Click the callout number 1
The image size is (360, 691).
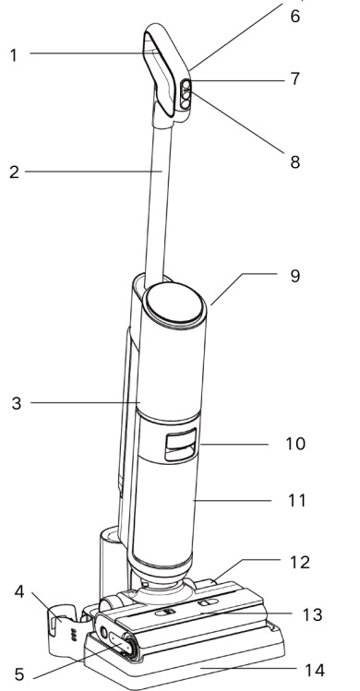[x=14, y=55]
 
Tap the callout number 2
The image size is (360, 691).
[x=14, y=173]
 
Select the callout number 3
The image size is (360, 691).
[x=17, y=403]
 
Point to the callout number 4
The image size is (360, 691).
[x=19, y=592]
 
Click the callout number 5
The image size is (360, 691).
[x=19, y=674]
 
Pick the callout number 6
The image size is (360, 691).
[x=295, y=16]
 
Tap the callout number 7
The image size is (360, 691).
[x=295, y=79]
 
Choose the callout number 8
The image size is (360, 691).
[x=295, y=161]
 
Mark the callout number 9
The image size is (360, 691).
[x=295, y=276]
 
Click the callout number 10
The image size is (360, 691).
[x=295, y=444]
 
